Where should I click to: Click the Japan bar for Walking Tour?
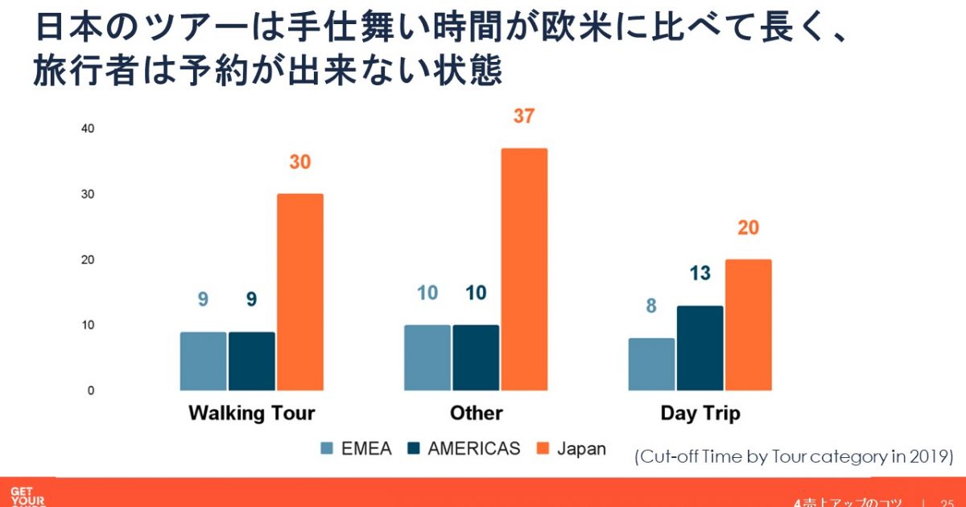tap(299, 292)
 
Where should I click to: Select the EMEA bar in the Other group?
tap(427, 357)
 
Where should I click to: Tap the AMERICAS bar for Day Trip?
tap(700, 348)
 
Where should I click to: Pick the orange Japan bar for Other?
tap(523, 270)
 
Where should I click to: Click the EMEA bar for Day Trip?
tap(651, 364)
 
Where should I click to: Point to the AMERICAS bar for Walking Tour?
tap(251, 361)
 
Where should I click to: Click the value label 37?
tap(523, 116)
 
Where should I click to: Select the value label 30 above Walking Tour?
tap(299, 162)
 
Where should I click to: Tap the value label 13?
tap(700, 274)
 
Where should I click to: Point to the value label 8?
tap(651, 306)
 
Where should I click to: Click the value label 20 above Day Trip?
tap(748, 228)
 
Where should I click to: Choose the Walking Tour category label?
tap(251, 414)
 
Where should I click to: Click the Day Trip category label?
tap(700, 414)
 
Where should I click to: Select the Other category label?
tap(476, 414)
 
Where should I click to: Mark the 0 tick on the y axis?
tap(90, 390)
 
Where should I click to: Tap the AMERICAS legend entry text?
tap(474, 449)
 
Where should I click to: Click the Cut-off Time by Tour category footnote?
tap(794, 456)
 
